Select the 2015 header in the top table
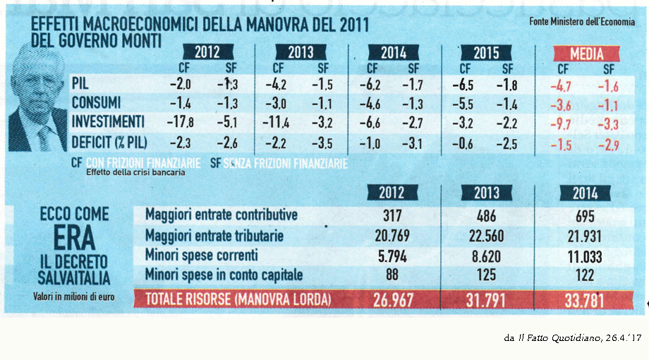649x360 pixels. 486,54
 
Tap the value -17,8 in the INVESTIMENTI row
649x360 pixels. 181,122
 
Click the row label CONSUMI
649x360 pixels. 96,103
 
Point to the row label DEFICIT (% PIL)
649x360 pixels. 109,142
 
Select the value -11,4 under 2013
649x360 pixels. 278,123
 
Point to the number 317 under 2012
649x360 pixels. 392,216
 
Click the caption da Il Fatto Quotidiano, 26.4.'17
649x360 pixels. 572,338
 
